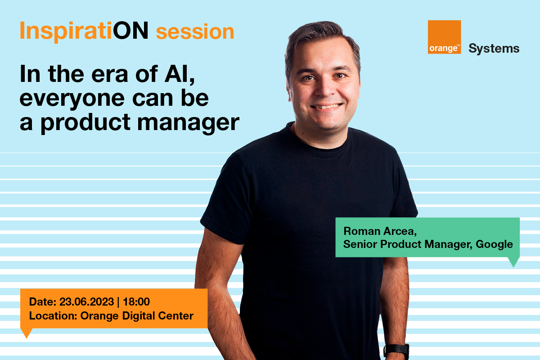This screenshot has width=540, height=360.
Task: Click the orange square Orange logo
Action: coord(444,37)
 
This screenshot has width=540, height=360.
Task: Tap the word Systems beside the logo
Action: coord(494,49)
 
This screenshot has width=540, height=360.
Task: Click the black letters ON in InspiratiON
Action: coord(130,31)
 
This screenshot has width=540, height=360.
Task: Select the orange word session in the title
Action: coord(195,32)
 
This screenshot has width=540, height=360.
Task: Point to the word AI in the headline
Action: coord(180,74)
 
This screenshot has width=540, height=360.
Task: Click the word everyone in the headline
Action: coord(72,99)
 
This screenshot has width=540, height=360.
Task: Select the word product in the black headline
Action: coord(86,123)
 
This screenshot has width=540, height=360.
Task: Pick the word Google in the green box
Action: coord(494,244)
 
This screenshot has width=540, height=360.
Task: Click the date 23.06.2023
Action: coord(86,301)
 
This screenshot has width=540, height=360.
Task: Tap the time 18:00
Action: coord(136,301)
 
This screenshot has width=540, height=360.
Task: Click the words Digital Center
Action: coord(157,316)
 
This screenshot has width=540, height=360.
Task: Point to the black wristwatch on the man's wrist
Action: coord(396,351)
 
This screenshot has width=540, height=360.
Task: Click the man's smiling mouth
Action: coord(327,106)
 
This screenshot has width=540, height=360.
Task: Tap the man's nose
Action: coord(326,89)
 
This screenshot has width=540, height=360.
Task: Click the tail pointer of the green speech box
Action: coord(513,262)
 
